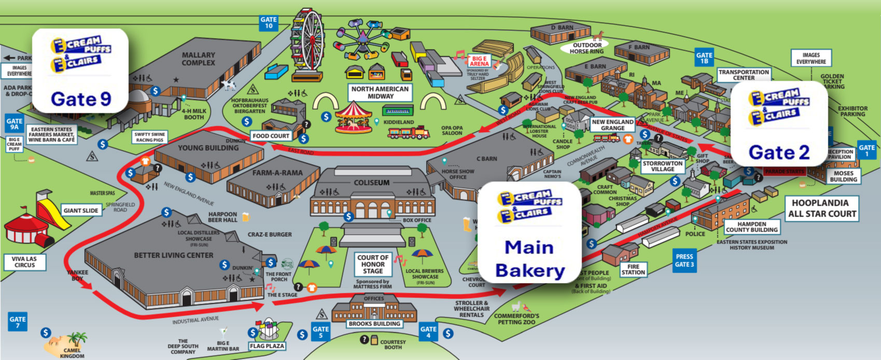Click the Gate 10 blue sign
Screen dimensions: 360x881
269,23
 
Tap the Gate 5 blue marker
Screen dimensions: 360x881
320,332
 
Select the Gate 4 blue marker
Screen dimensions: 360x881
428,332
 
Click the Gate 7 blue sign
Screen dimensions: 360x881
18,322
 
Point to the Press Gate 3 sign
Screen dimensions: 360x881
684,260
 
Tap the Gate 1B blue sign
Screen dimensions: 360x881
704,58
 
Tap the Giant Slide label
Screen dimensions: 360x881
81,211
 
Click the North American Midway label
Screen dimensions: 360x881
381,92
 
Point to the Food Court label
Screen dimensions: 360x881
271,136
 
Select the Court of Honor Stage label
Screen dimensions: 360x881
373,264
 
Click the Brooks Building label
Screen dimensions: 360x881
374,324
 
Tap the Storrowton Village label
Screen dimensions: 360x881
663,166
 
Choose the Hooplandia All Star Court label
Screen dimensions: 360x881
822,208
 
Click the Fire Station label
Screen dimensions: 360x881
633,269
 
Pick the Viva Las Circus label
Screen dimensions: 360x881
25,261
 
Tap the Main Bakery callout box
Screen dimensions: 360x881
529,233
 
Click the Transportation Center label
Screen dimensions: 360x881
744,75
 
